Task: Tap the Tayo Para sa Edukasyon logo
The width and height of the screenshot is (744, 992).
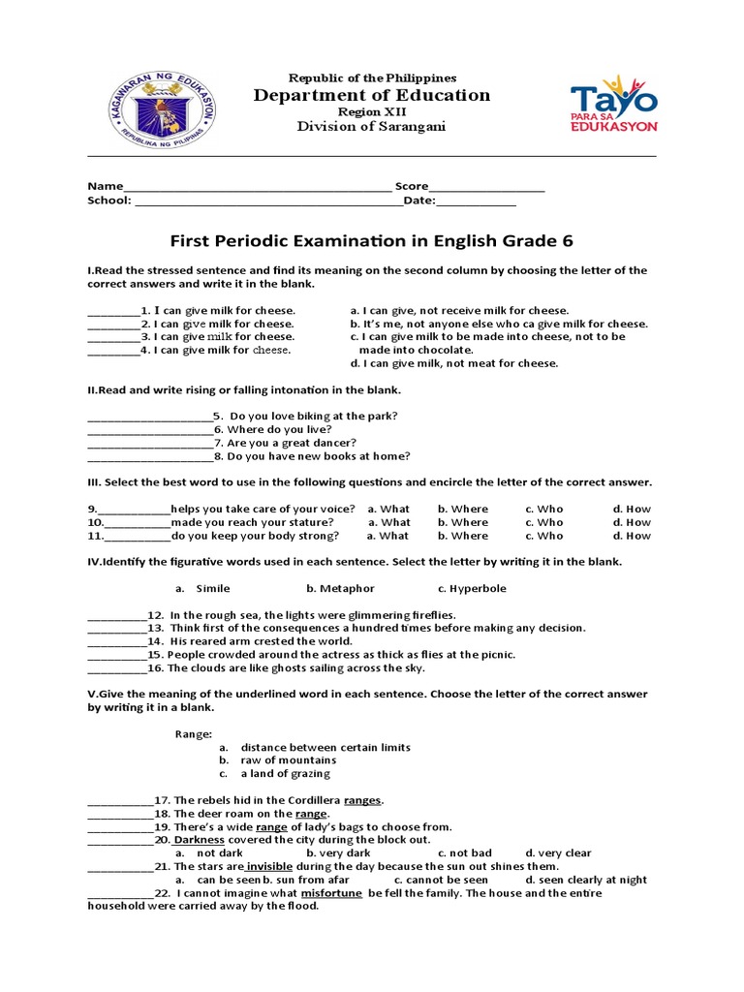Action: pyautogui.click(x=613, y=104)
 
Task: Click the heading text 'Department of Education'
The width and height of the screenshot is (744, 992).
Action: pyautogui.click(x=372, y=95)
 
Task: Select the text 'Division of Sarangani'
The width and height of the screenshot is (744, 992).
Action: pyautogui.click(x=372, y=128)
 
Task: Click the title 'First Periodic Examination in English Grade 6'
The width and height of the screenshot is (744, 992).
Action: pyautogui.click(x=372, y=240)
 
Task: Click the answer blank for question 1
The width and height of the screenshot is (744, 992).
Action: pyautogui.click(x=113, y=311)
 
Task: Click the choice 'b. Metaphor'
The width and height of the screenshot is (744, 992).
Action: pyautogui.click(x=340, y=588)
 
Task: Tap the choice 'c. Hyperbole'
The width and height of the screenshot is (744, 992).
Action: pyautogui.click(x=471, y=588)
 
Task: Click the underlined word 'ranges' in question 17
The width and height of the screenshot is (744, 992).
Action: pyautogui.click(x=363, y=800)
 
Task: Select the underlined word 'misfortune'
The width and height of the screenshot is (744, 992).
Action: pyautogui.click(x=331, y=893)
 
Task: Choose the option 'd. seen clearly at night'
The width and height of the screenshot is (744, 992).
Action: pyautogui.click(x=586, y=880)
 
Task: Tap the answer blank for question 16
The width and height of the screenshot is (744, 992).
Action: pyautogui.click(x=115, y=668)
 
